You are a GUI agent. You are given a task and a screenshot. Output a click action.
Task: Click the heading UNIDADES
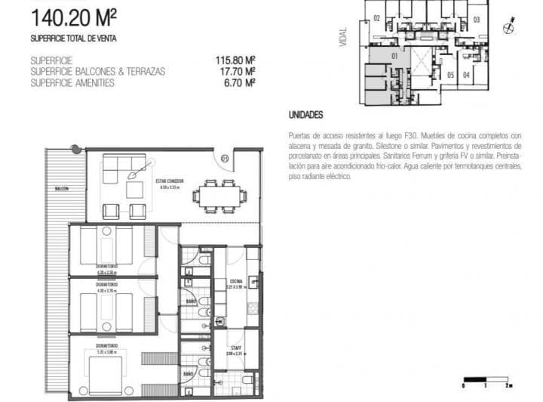(x=305, y=116)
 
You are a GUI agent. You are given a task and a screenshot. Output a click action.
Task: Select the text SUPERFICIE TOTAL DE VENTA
(x=73, y=38)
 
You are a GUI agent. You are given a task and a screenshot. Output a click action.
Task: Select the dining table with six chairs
(x=219, y=195)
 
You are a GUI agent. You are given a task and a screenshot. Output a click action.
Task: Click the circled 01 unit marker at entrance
(x=224, y=157)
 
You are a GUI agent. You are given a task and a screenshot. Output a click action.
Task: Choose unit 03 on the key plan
(x=477, y=20)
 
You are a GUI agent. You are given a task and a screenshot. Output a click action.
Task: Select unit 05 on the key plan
(x=450, y=75)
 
